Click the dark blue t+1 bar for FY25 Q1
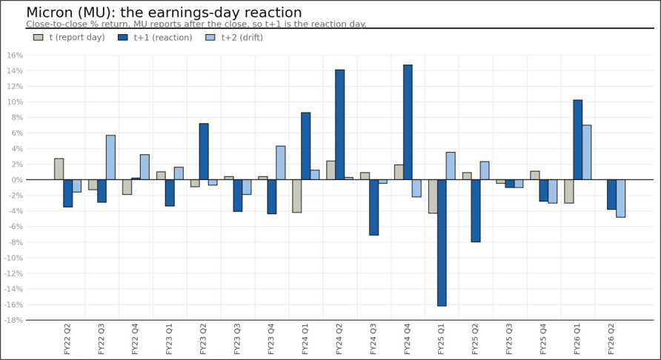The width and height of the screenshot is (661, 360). click(x=442, y=243)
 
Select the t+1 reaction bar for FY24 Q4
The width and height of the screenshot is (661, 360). click(x=408, y=122)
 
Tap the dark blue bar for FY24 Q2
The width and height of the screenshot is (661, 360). click(x=340, y=124)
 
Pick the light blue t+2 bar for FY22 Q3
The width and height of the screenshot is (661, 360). click(x=110, y=157)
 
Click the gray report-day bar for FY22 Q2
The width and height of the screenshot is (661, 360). click(x=59, y=169)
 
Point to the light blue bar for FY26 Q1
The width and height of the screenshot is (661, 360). click(x=586, y=152)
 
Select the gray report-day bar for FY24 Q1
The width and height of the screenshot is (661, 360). click(x=296, y=196)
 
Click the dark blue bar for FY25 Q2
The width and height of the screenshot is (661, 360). click(x=476, y=211)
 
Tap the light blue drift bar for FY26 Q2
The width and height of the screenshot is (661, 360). click(x=620, y=198)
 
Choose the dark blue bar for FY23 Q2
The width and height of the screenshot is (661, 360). click(x=204, y=151)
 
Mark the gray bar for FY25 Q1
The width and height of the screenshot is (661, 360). click(x=433, y=196)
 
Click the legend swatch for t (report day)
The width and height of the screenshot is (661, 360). click(x=38, y=38)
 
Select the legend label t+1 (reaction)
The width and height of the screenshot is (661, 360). click(x=163, y=38)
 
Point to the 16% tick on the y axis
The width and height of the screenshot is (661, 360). click(x=15, y=56)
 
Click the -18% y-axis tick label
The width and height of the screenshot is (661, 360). click(x=13, y=321)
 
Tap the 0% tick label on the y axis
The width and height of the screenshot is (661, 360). click(x=17, y=180)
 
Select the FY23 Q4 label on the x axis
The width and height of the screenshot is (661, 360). click(x=271, y=339)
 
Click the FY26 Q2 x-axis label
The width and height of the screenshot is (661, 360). click(x=611, y=339)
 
